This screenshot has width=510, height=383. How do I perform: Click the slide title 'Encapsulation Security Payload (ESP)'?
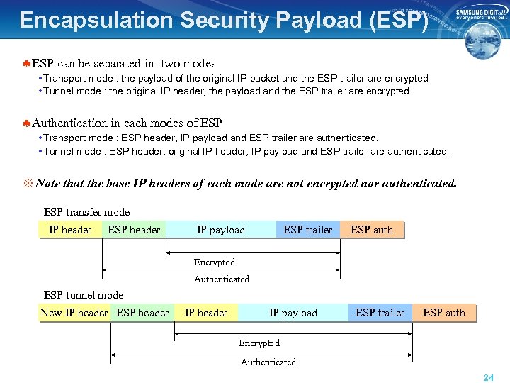coord(224,20)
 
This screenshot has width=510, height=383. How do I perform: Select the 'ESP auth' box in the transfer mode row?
coord(372,230)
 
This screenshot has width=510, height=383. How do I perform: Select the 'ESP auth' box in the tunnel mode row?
coord(444,313)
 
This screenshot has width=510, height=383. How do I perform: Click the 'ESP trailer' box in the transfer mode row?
coord(307,230)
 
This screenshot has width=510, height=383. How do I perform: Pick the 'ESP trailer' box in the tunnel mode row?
coord(380,313)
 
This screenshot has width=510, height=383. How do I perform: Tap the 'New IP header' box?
coord(74,313)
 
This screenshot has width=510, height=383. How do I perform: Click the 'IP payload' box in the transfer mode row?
coord(220,230)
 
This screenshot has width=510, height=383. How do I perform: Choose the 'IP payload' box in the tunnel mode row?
coord(293,313)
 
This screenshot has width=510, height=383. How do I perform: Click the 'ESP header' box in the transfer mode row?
coord(134,230)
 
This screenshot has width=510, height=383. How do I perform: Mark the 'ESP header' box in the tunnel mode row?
coord(142,313)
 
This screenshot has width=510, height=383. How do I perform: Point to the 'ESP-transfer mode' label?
coord(86,212)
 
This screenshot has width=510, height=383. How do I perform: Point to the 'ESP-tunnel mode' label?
coord(84,295)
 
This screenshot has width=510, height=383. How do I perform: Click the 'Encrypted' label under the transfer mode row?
coord(215,262)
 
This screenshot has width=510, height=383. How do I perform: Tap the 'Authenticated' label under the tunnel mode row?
coord(268,362)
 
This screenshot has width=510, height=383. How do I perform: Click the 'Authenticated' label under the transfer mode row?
coord(222,279)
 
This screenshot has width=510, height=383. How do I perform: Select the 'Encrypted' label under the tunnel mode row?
coord(259,343)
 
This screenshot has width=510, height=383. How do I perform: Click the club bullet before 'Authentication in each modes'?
coord(25,123)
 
